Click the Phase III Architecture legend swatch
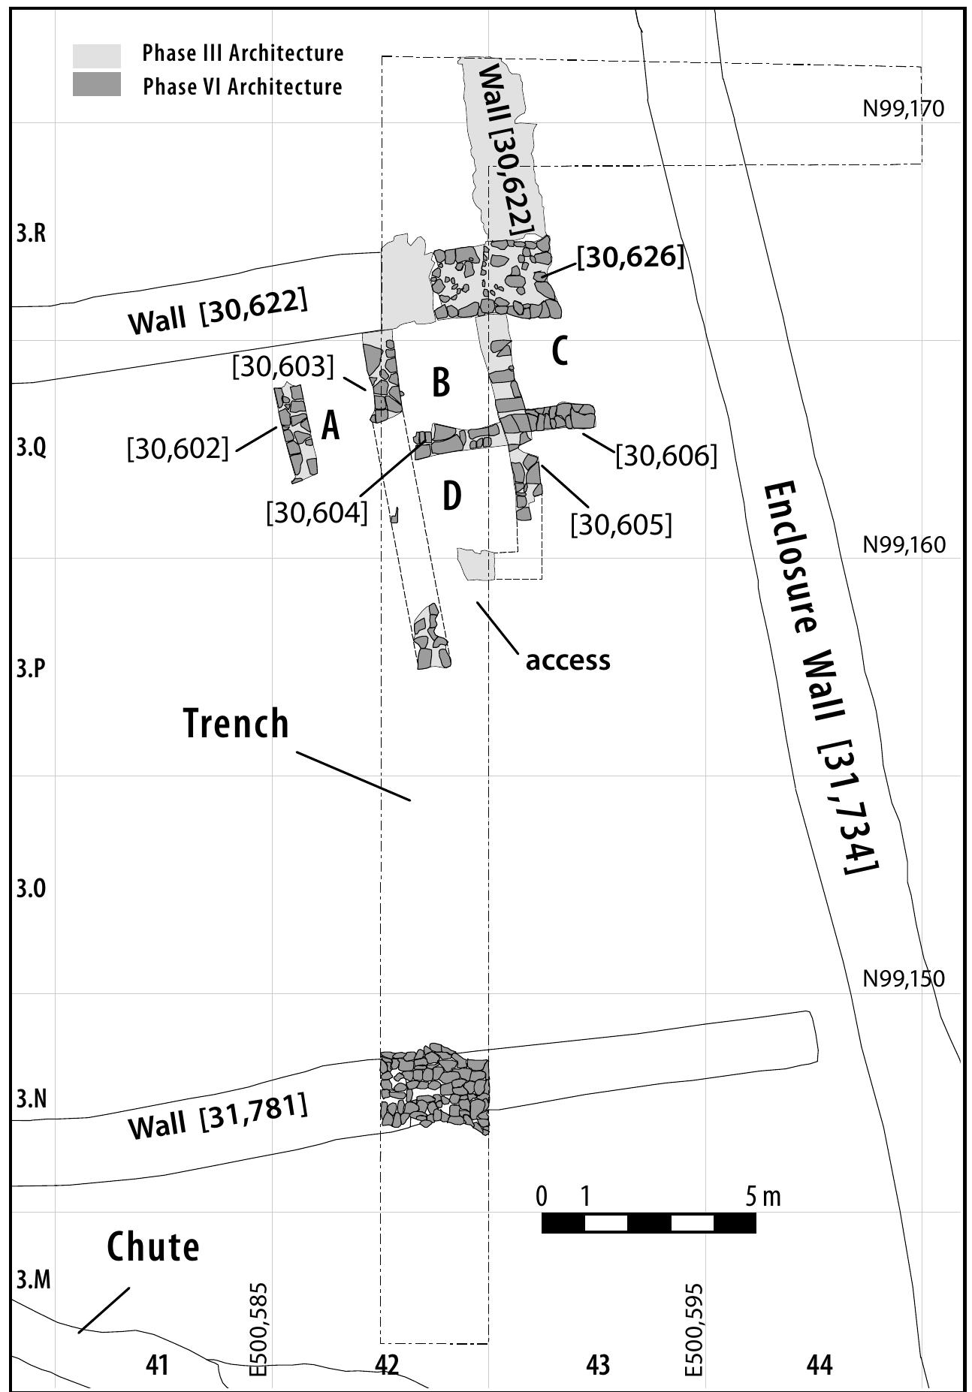[x=96, y=56]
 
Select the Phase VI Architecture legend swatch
[x=96, y=84]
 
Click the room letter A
[x=331, y=426]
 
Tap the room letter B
[x=441, y=382]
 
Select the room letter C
[x=560, y=351]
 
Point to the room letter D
[x=451, y=496]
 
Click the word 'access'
[x=568, y=660]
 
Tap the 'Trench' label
[x=237, y=723]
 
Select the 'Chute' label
[x=153, y=1246]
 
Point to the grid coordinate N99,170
[x=903, y=110]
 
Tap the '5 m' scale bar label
[x=763, y=1196]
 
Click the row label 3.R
[x=32, y=234]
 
